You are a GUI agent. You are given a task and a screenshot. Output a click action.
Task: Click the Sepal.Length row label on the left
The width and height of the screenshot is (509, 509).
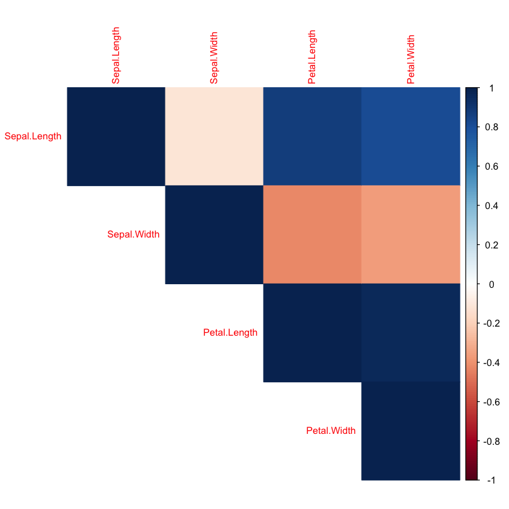pyautogui.click(x=33, y=136)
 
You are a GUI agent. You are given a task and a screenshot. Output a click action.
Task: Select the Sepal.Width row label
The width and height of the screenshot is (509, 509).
pyautogui.click(x=133, y=235)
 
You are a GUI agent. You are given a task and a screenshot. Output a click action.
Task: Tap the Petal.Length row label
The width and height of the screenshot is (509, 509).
pyautogui.click(x=230, y=333)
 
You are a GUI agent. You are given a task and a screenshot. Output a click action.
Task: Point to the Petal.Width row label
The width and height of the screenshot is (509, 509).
pyautogui.click(x=331, y=431)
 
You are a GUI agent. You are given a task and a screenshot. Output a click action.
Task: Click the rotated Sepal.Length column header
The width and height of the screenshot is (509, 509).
pyautogui.click(x=115, y=56)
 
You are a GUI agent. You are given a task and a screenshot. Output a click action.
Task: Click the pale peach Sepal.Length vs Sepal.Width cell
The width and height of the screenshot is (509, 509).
pyautogui.click(x=214, y=136)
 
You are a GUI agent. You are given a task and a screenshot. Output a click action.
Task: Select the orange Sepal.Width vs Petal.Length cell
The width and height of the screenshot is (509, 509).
pyautogui.click(x=312, y=235)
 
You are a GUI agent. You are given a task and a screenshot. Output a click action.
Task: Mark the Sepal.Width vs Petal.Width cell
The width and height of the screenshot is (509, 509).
pyautogui.click(x=410, y=235)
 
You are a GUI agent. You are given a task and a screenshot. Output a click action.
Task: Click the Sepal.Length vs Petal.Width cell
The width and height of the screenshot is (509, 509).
pyautogui.click(x=410, y=136)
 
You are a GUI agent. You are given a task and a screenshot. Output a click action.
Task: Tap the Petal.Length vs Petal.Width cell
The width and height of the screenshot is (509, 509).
pyautogui.click(x=410, y=333)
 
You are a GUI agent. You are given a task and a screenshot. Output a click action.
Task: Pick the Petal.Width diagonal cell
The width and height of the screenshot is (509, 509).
pyautogui.click(x=410, y=431)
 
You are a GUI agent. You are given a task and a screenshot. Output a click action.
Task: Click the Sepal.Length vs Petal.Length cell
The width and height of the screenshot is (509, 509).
pyautogui.click(x=312, y=136)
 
